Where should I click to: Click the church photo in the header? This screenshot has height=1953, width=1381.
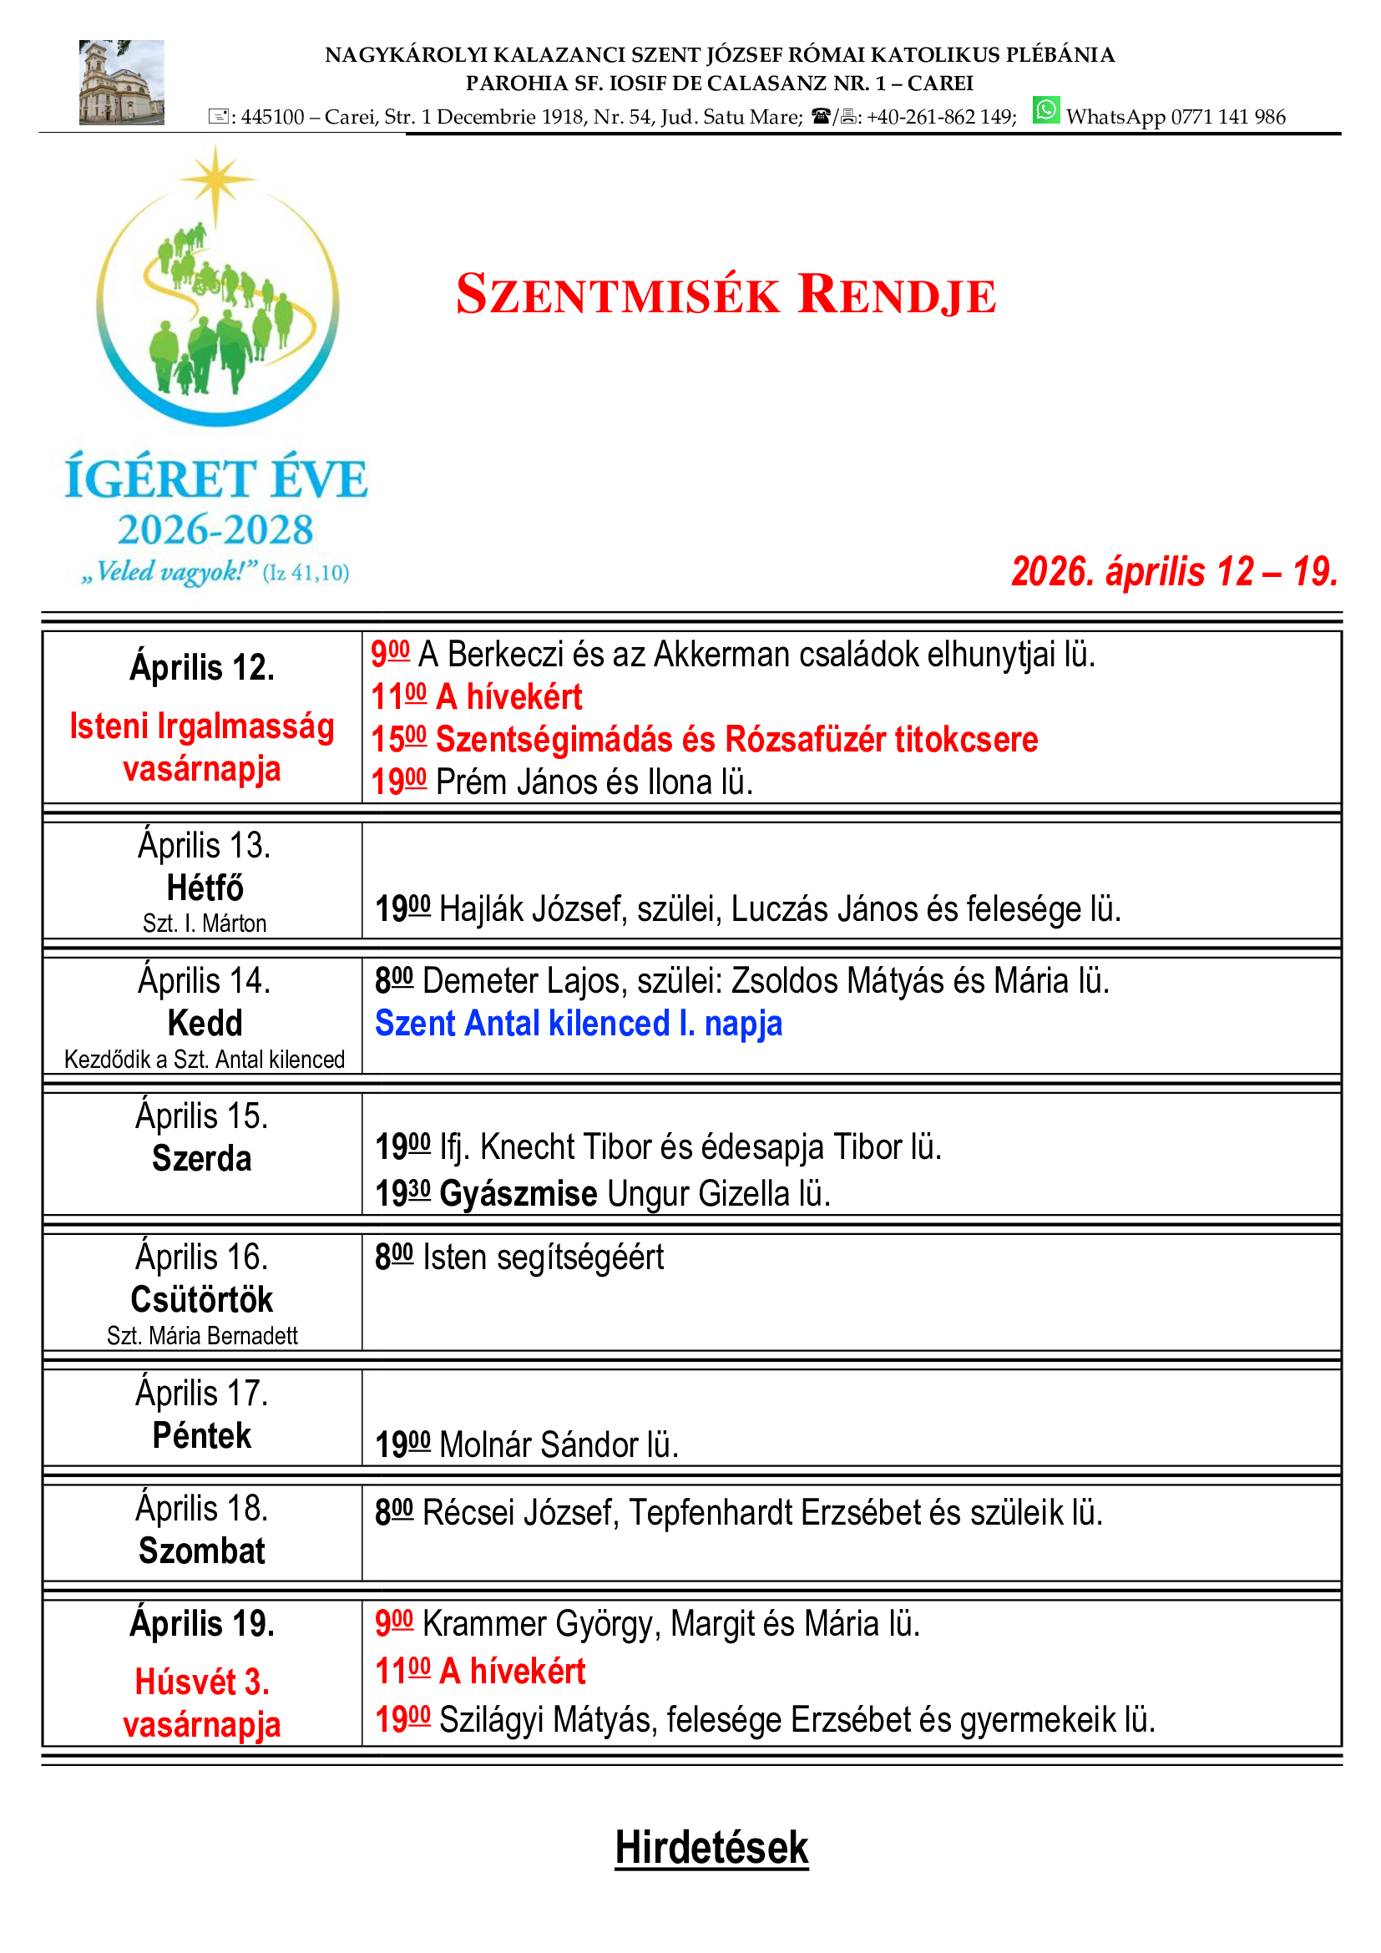click(121, 83)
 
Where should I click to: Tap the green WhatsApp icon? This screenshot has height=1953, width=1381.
click(1045, 110)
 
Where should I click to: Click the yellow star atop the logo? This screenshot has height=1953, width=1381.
click(216, 180)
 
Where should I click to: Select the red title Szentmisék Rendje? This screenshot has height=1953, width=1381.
click(726, 294)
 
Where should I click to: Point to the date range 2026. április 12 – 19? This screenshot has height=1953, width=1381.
click(1173, 572)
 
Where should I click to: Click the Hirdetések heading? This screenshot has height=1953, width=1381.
click(711, 1848)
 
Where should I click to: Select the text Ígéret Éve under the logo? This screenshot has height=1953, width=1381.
click(216, 479)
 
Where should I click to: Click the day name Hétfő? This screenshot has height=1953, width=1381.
click(204, 888)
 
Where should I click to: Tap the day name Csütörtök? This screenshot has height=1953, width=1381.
click(201, 1299)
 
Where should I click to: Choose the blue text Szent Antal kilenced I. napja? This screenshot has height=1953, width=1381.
click(579, 1024)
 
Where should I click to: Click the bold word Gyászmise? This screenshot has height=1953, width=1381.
click(518, 1193)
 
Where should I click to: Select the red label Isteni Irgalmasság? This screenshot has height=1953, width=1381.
click(201, 726)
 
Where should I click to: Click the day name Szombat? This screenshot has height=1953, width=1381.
click(201, 1551)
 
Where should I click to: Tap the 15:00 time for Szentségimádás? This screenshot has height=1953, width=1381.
click(398, 739)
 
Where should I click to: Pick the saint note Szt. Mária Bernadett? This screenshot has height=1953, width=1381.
click(201, 1335)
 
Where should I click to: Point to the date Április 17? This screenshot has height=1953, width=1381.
click(201, 1394)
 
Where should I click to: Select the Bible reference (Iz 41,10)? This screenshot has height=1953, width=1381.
click(306, 573)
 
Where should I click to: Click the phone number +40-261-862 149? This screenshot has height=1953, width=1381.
click(940, 118)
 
